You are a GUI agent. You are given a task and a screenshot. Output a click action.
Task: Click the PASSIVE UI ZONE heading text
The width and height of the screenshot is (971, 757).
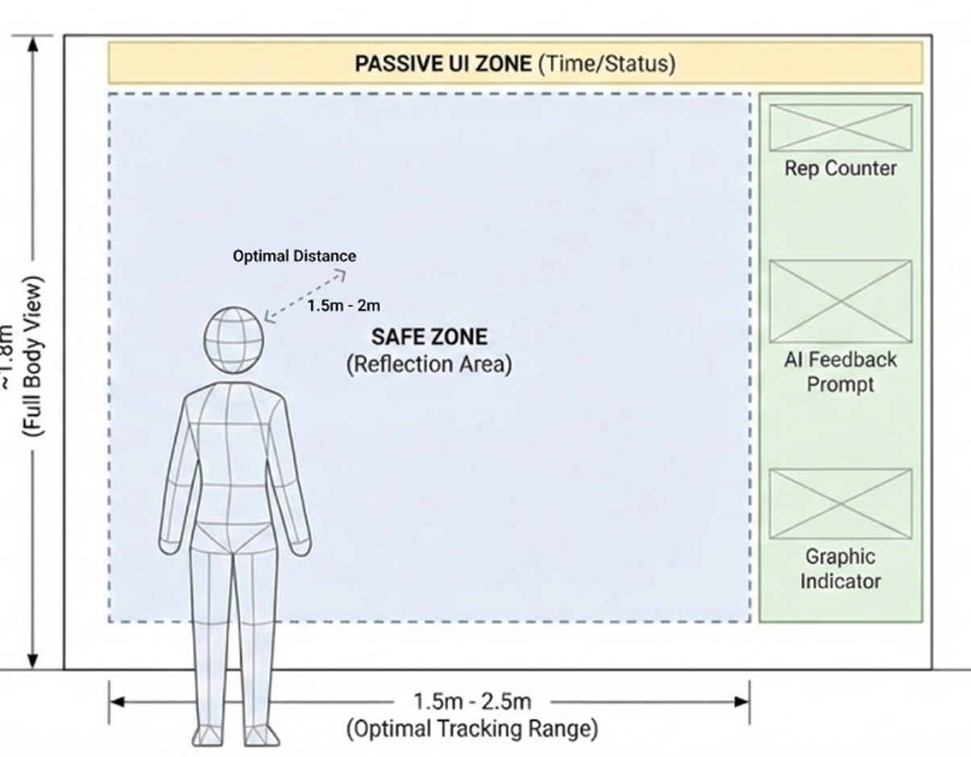coord(443,64)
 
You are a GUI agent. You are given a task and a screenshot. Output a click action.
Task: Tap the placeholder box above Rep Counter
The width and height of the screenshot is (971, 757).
coord(840,127)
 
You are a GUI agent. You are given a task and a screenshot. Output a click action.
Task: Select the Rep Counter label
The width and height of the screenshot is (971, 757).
coord(840,168)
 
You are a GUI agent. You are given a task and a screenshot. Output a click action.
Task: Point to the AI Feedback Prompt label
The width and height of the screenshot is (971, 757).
coord(840,372)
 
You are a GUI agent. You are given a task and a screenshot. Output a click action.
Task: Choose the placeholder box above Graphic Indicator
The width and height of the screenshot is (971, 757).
coord(840,504)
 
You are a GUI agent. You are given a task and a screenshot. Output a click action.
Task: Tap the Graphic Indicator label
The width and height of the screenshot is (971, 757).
coord(840,568)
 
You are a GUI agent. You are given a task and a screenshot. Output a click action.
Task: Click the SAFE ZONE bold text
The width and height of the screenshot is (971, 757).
coord(429,337)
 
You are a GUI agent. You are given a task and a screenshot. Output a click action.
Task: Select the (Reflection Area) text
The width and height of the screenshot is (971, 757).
coord(429,364)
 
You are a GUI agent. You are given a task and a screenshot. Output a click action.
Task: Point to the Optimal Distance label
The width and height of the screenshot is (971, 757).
coord(294,256)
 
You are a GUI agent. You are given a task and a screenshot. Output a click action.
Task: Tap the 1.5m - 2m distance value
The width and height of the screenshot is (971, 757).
coord(343,306)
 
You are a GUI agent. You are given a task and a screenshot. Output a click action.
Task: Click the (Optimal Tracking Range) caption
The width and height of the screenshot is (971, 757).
coord(472,730)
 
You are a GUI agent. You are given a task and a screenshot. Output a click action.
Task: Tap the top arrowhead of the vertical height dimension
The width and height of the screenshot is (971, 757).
coord(33,43)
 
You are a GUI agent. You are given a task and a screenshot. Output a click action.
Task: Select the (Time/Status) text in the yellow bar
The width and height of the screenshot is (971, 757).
coord(607,64)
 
